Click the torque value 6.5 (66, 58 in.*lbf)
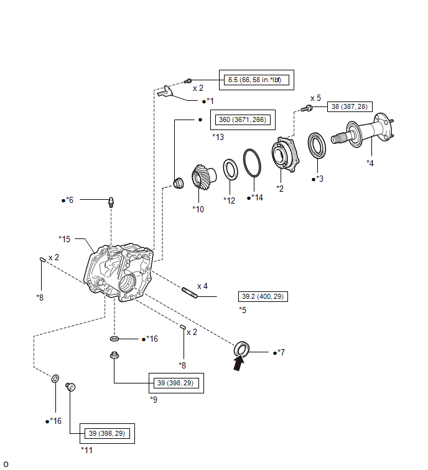point(254,80)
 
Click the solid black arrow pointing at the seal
point(239,362)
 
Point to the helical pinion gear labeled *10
point(203,177)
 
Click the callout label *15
point(65,239)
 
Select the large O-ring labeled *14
point(252,162)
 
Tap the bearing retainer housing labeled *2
point(285,154)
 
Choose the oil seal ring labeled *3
point(317,146)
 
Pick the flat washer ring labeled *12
point(231,170)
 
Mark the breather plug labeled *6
point(111,202)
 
